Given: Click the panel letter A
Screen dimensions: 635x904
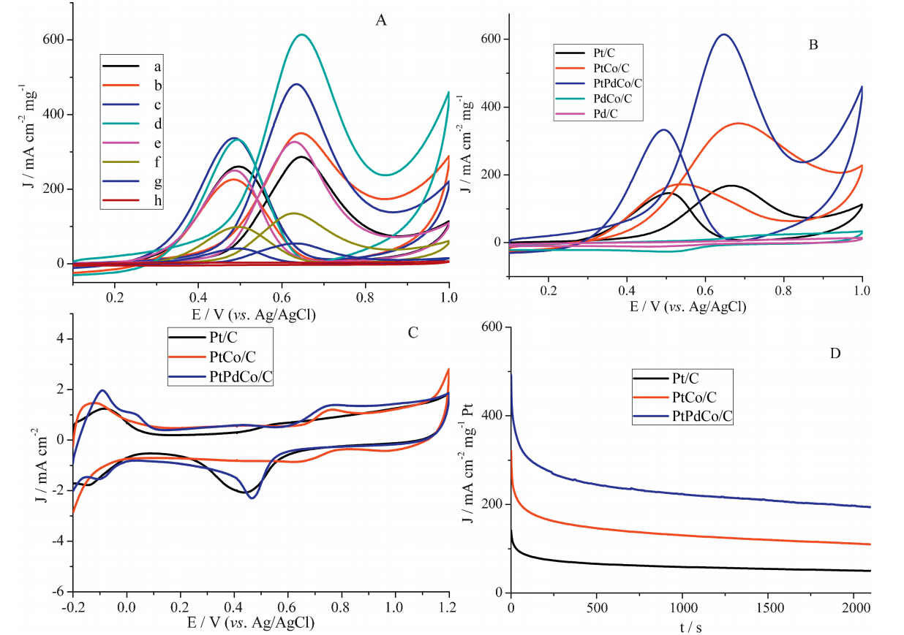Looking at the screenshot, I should pos(380,20).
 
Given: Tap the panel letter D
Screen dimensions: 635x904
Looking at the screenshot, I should pos(835,354).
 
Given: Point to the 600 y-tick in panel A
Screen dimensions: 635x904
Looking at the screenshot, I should pos(57,39).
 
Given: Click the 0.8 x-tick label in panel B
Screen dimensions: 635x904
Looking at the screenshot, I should pos(784,290).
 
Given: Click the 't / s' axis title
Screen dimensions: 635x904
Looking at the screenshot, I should pos(690,627).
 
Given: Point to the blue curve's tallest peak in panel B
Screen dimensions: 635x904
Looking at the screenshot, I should pos(723,34).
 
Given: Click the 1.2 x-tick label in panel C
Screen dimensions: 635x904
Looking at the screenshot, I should pos(448,607).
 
